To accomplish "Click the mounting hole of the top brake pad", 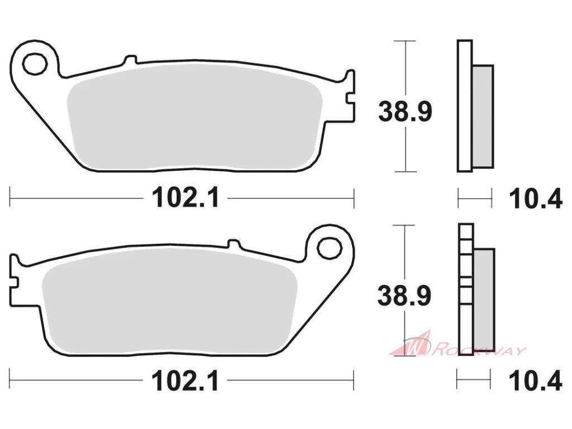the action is tap(35, 64).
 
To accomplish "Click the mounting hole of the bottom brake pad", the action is tap(330, 249).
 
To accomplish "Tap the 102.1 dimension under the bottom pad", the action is tap(185, 380).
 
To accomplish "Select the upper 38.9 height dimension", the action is tap(405, 111).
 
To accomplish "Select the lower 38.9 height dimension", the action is tap(404, 295).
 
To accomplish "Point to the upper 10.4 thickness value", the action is tap(535, 199).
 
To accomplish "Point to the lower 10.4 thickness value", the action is tap(535, 381).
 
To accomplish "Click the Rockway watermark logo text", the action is tap(479, 351).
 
